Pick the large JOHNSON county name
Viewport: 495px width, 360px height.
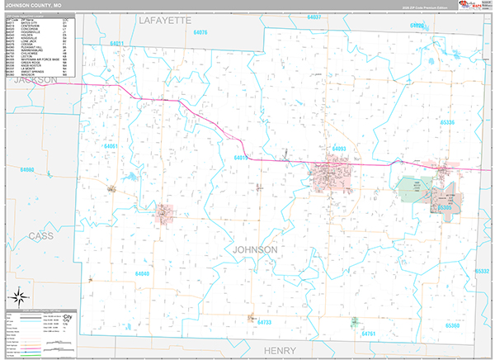[256, 249]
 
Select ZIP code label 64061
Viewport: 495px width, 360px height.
[111, 147]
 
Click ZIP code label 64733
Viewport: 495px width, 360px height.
[264, 322]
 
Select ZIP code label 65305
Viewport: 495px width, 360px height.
[445, 207]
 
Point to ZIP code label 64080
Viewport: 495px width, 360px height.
[27, 169]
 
